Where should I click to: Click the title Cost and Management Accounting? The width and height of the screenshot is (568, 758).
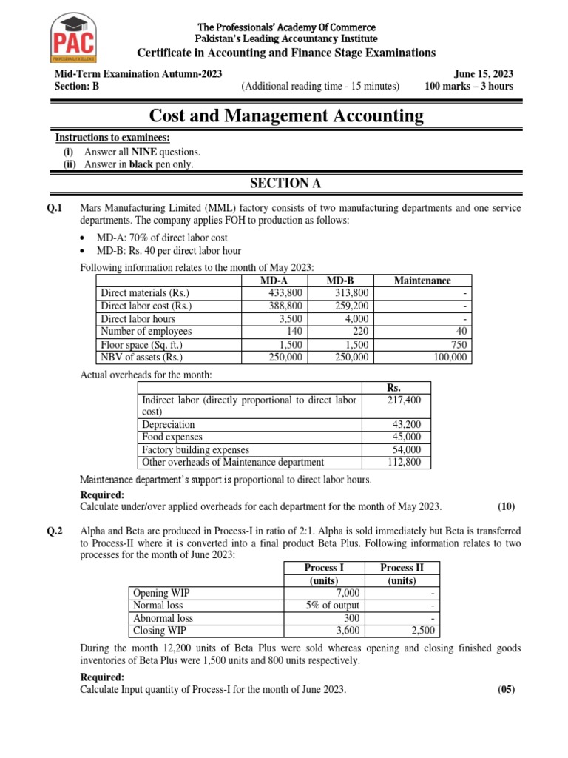(x=287, y=115)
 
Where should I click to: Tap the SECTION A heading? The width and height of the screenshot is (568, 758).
(x=287, y=183)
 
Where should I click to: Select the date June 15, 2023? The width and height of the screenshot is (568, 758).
(x=484, y=74)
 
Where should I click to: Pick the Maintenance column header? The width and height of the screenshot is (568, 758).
(x=422, y=281)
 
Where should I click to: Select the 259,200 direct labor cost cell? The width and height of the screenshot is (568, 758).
(x=351, y=306)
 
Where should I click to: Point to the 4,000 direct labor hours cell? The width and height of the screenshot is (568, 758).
(x=356, y=319)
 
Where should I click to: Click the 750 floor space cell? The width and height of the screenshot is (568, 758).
(x=459, y=345)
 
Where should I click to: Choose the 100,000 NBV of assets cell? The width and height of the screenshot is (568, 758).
(x=450, y=358)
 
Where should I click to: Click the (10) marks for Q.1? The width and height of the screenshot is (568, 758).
(x=506, y=507)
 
